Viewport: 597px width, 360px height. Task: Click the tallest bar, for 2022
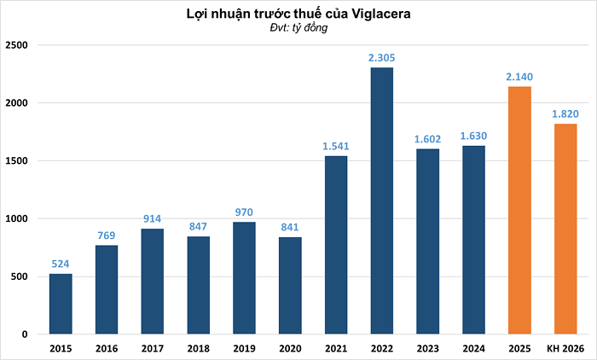point(381,200)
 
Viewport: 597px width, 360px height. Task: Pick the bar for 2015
point(61,304)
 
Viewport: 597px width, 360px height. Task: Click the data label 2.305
point(381,57)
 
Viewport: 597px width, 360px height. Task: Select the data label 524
point(61,264)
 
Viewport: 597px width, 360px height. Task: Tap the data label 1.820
point(565,113)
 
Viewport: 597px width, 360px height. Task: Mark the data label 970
point(244,212)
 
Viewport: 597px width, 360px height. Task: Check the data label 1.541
point(336,146)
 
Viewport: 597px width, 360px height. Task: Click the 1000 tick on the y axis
point(17,218)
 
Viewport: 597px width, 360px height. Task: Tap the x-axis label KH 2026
point(565,348)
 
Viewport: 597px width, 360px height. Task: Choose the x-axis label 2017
point(153,348)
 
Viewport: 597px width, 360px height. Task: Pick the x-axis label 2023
point(427,348)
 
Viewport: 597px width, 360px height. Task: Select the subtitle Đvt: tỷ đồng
point(298,28)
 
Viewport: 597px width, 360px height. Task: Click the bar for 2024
point(473,240)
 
